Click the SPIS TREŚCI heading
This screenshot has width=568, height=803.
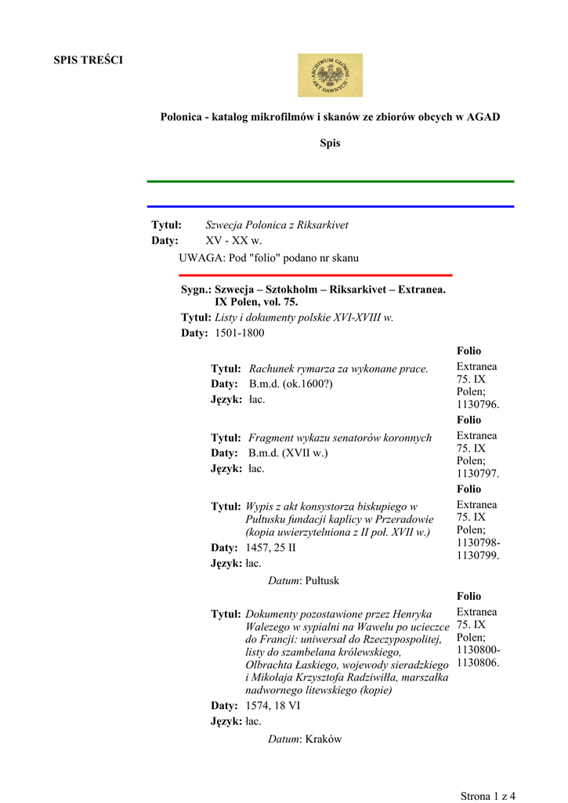tap(88, 60)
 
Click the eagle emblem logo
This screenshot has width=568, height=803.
tap(330, 75)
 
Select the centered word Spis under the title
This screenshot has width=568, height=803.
tap(330, 144)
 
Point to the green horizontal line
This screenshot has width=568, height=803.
tap(330, 181)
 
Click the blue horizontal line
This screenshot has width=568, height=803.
tap(330, 206)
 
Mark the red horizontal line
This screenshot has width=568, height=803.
tap(315, 275)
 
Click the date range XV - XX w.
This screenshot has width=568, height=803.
tap(233, 241)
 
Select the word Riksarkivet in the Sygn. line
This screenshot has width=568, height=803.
tap(359, 289)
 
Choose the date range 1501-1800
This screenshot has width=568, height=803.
tap(240, 333)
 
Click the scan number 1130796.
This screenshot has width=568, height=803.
tap(478, 405)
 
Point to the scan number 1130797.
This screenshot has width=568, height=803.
tap(478, 474)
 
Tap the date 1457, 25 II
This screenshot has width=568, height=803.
tap(270, 547)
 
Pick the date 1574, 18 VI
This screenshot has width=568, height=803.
tap(273, 706)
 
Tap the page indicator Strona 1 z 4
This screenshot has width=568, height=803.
tap(488, 796)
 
